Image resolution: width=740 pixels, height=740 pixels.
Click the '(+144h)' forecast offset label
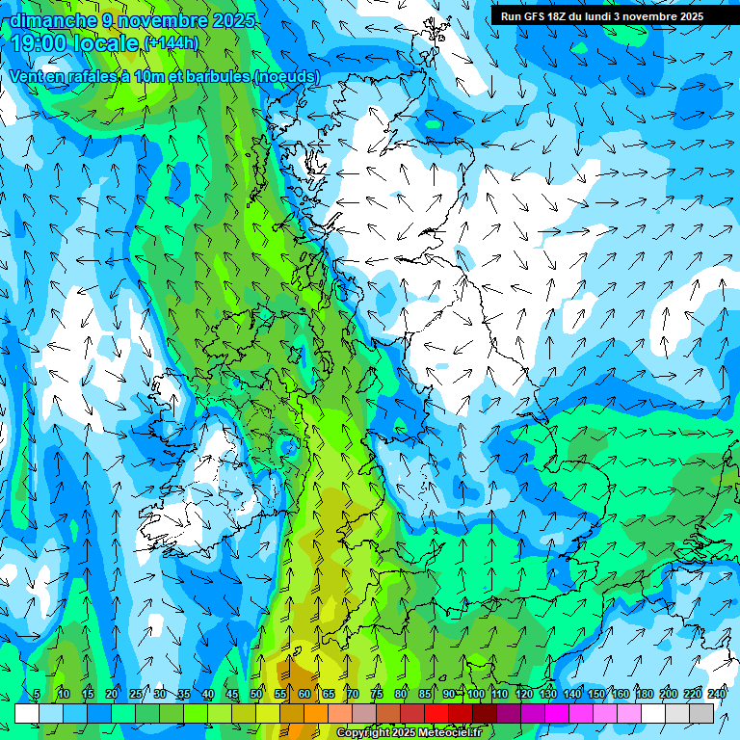tap(172, 42)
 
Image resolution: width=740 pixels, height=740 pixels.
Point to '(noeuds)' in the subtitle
tap(286, 76)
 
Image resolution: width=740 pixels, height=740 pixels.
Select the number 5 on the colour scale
tap(37, 694)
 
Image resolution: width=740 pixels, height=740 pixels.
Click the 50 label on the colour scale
tap(256, 694)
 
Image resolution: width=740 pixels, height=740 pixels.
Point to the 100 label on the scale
tap(475, 694)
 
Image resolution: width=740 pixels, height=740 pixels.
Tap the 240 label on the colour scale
tap(717, 694)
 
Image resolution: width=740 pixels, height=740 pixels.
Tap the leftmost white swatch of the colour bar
tap(27, 713)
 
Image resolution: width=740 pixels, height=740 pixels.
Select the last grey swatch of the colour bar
tap(701, 713)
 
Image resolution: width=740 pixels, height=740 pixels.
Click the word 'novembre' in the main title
tap(162, 20)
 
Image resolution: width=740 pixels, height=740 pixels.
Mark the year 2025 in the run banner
tap(688, 16)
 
